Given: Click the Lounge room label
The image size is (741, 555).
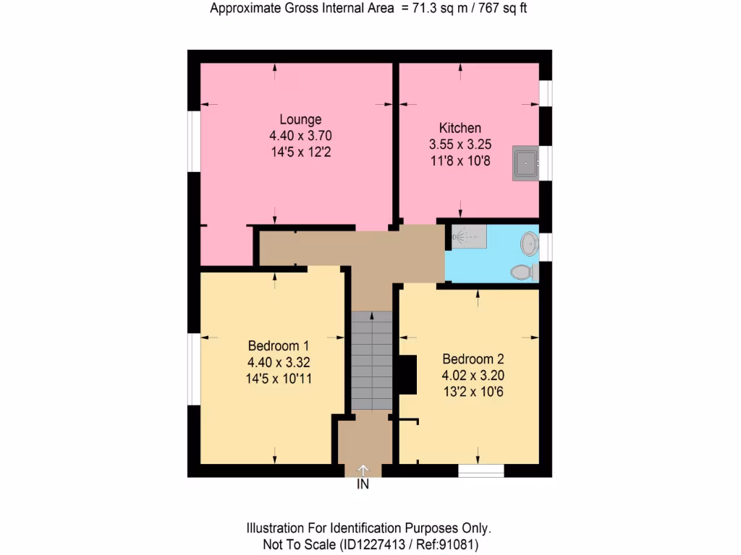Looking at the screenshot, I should click(300, 119).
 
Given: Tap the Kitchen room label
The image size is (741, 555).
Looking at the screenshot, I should click(460, 128).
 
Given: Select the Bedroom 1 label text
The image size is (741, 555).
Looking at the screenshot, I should click(279, 345).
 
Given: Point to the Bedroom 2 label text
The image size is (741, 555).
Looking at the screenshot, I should click(473, 359).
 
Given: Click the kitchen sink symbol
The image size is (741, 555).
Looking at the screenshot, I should click(525, 163).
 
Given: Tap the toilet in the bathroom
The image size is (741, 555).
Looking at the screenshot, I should click(522, 272).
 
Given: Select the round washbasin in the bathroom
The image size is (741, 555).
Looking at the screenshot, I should click(530, 244).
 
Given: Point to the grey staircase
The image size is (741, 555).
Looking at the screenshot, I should click(372, 361).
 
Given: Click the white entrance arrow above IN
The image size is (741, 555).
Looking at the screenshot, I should click(363, 470).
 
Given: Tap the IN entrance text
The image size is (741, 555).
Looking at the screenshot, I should click(363, 485).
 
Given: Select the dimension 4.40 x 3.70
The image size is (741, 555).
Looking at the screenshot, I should click(300, 135).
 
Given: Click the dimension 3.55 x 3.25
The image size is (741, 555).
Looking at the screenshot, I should click(460, 145).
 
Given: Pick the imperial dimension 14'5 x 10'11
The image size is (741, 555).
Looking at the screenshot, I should click(279, 377).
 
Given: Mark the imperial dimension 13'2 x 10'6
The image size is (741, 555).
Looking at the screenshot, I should click(473, 392).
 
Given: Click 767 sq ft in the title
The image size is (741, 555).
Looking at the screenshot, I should click(507, 9).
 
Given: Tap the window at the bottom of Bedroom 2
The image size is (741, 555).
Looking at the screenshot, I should click(481, 470).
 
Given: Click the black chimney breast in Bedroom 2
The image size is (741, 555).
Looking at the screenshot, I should click(407, 375).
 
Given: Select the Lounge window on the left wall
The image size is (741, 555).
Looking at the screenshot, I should click(194, 142).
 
